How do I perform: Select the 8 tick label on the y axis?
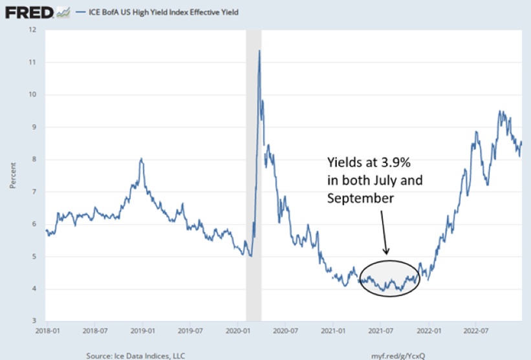(x=33, y=160)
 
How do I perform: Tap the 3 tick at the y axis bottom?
(x=33, y=321)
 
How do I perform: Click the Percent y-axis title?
(x=12, y=175)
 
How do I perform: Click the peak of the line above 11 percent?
(x=259, y=50)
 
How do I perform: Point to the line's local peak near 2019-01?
(x=141, y=158)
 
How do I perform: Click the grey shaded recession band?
(x=253, y=194)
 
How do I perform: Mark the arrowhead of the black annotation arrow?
(x=386, y=253)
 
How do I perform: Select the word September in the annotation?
(x=360, y=199)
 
